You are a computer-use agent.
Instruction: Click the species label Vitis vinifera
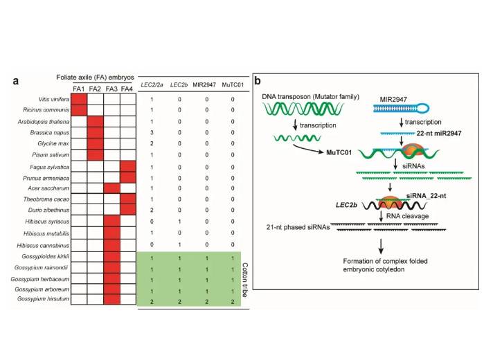[x=53, y=100]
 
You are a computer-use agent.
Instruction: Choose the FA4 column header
[x=127, y=88]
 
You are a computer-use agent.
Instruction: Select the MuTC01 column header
[x=232, y=85]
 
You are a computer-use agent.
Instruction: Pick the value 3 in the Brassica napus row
[x=151, y=132]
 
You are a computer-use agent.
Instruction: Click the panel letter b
[x=258, y=80]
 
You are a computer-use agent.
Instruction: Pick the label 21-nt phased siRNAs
[x=298, y=226]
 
